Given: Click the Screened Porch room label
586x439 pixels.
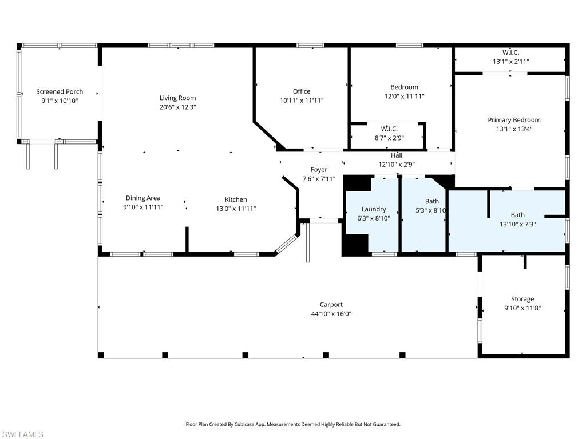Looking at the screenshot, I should tap(60, 91).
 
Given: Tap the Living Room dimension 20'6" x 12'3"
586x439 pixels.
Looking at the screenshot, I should tap(177, 107).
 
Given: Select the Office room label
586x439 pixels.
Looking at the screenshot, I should tap(302, 91).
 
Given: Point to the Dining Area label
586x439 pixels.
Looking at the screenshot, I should tap(143, 198).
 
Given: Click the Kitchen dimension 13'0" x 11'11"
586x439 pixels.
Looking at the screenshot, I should tap(236, 209).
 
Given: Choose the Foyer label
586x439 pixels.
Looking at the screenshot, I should tap(319, 170).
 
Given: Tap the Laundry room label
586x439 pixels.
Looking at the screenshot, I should tap(374, 209).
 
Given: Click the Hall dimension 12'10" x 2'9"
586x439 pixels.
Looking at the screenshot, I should tap(397, 164).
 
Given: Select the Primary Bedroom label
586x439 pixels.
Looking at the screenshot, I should tap(514, 120).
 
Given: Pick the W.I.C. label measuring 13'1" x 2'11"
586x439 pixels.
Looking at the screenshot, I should tap(511, 53).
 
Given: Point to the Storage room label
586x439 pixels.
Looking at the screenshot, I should tap(522, 299).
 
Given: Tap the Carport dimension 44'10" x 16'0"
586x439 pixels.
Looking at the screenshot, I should tap(331, 314).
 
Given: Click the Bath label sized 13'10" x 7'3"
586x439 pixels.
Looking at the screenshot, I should tap(517, 215).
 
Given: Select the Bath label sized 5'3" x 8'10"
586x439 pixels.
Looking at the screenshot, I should tap(432, 201).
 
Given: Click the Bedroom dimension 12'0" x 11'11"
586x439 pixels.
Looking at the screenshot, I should tap(404, 96).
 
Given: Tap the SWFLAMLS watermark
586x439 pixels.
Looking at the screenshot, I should tap(22, 434).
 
